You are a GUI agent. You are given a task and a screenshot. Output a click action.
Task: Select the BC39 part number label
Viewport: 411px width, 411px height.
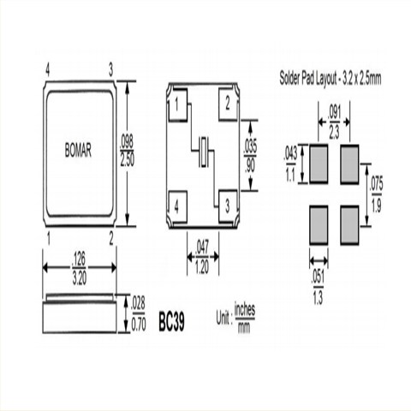(x=171, y=323)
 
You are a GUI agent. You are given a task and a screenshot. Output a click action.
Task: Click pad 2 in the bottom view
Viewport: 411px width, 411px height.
(x=228, y=104)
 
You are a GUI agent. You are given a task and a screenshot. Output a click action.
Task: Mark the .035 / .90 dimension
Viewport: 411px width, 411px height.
(x=250, y=153)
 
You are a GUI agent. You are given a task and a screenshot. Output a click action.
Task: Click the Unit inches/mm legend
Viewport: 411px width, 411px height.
(x=225, y=323)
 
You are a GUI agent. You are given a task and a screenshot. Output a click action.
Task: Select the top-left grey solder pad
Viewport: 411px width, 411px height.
(x=317, y=164)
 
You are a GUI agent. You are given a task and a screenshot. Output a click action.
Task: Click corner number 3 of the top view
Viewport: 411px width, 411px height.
(x=110, y=68)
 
